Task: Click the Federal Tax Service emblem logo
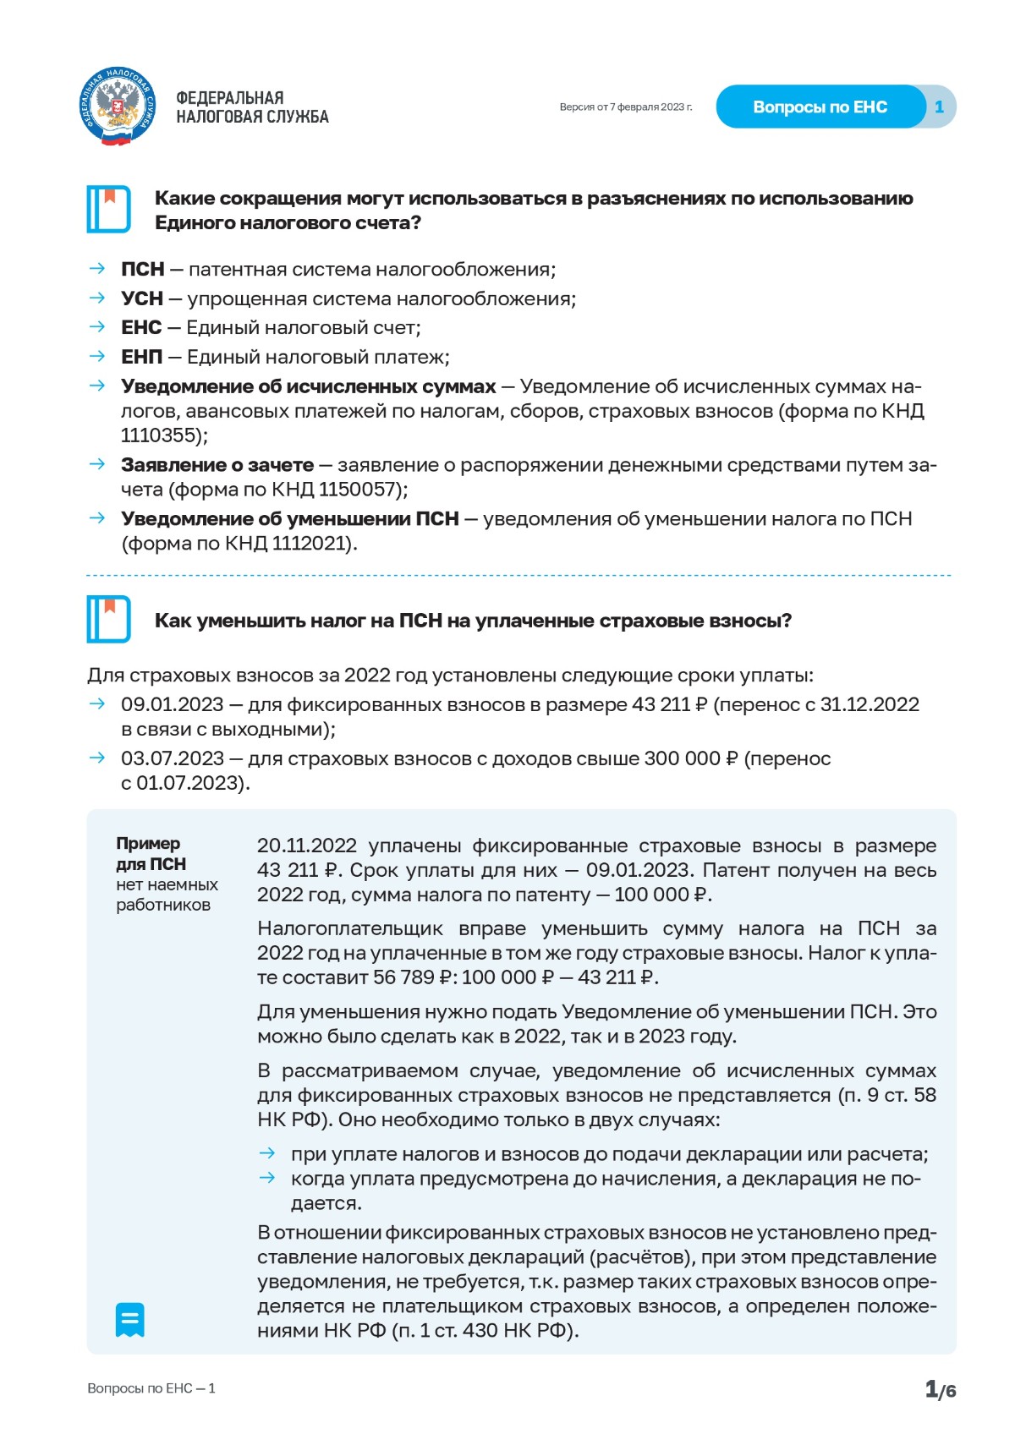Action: tap(118, 107)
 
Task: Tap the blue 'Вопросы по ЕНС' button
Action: tap(820, 107)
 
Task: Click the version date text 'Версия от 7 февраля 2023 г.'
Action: tap(625, 107)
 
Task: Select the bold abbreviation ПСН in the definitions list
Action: tap(142, 270)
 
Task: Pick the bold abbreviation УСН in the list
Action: tap(141, 299)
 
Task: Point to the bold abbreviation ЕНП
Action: tap(141, 358)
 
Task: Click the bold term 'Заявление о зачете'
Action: tap(217, 465)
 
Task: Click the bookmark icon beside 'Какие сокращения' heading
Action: tap(108, 209)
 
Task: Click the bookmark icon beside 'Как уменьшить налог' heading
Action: tap(108, 620)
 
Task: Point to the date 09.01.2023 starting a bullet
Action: tap(172, 705)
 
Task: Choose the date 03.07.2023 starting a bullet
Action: tap(172, 759)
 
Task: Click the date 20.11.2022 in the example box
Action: tap(306, 846)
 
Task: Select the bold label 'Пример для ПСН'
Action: tap(151, 854)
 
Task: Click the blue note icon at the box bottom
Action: tap(129, 1320)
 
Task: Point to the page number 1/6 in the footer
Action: tap(940, 1389)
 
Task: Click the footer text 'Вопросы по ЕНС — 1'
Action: tap(151, 1388)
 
